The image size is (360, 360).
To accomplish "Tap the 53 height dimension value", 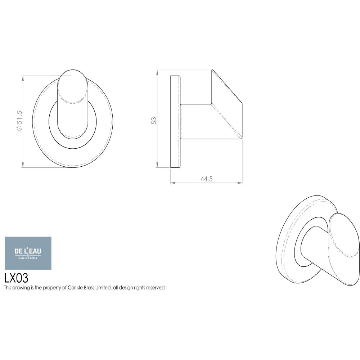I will click(154, 121).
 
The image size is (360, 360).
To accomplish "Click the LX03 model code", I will click(16, 278).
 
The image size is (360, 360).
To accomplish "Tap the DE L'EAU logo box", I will click(28, 253).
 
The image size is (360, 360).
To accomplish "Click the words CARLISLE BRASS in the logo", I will click(28, 258).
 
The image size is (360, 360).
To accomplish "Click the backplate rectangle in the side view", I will click(175, 122).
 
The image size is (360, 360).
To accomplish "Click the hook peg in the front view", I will click(72, 104).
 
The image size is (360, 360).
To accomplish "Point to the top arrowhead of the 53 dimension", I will click(157, 72).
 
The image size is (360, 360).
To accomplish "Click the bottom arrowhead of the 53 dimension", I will click(157, 166).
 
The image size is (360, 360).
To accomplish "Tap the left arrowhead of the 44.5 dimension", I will click(172, 183).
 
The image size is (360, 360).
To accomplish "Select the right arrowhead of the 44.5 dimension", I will click(240, 183).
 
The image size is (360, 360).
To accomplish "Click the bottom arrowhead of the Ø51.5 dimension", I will click(23, 166).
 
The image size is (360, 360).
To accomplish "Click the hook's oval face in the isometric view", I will click(344, 248).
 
